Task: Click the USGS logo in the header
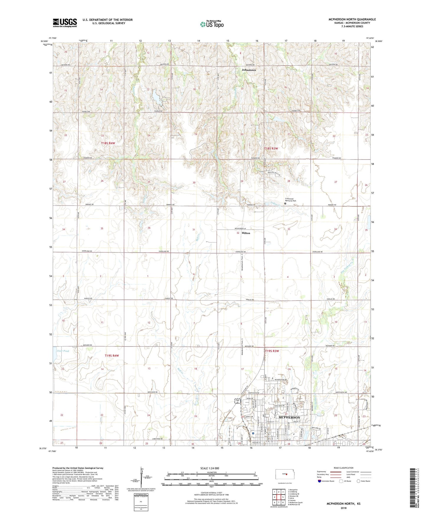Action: tap(65, 23)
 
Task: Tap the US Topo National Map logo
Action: tap(212, 24)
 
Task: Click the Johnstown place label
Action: tap(249, 70)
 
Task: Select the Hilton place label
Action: tap(246, 233)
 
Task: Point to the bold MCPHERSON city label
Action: tap(289, 417)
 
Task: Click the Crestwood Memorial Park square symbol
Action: tap(285, 203)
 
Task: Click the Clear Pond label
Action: tap(62, 351)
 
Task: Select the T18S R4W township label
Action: tap(108, 143)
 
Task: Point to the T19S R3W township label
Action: tap(272, 351)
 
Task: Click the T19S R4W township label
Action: tap(112, 356)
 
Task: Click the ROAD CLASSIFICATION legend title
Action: tap(344, 468)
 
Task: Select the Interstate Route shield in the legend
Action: tap(320, 481)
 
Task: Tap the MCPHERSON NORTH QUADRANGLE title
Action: tap(352, 19)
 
